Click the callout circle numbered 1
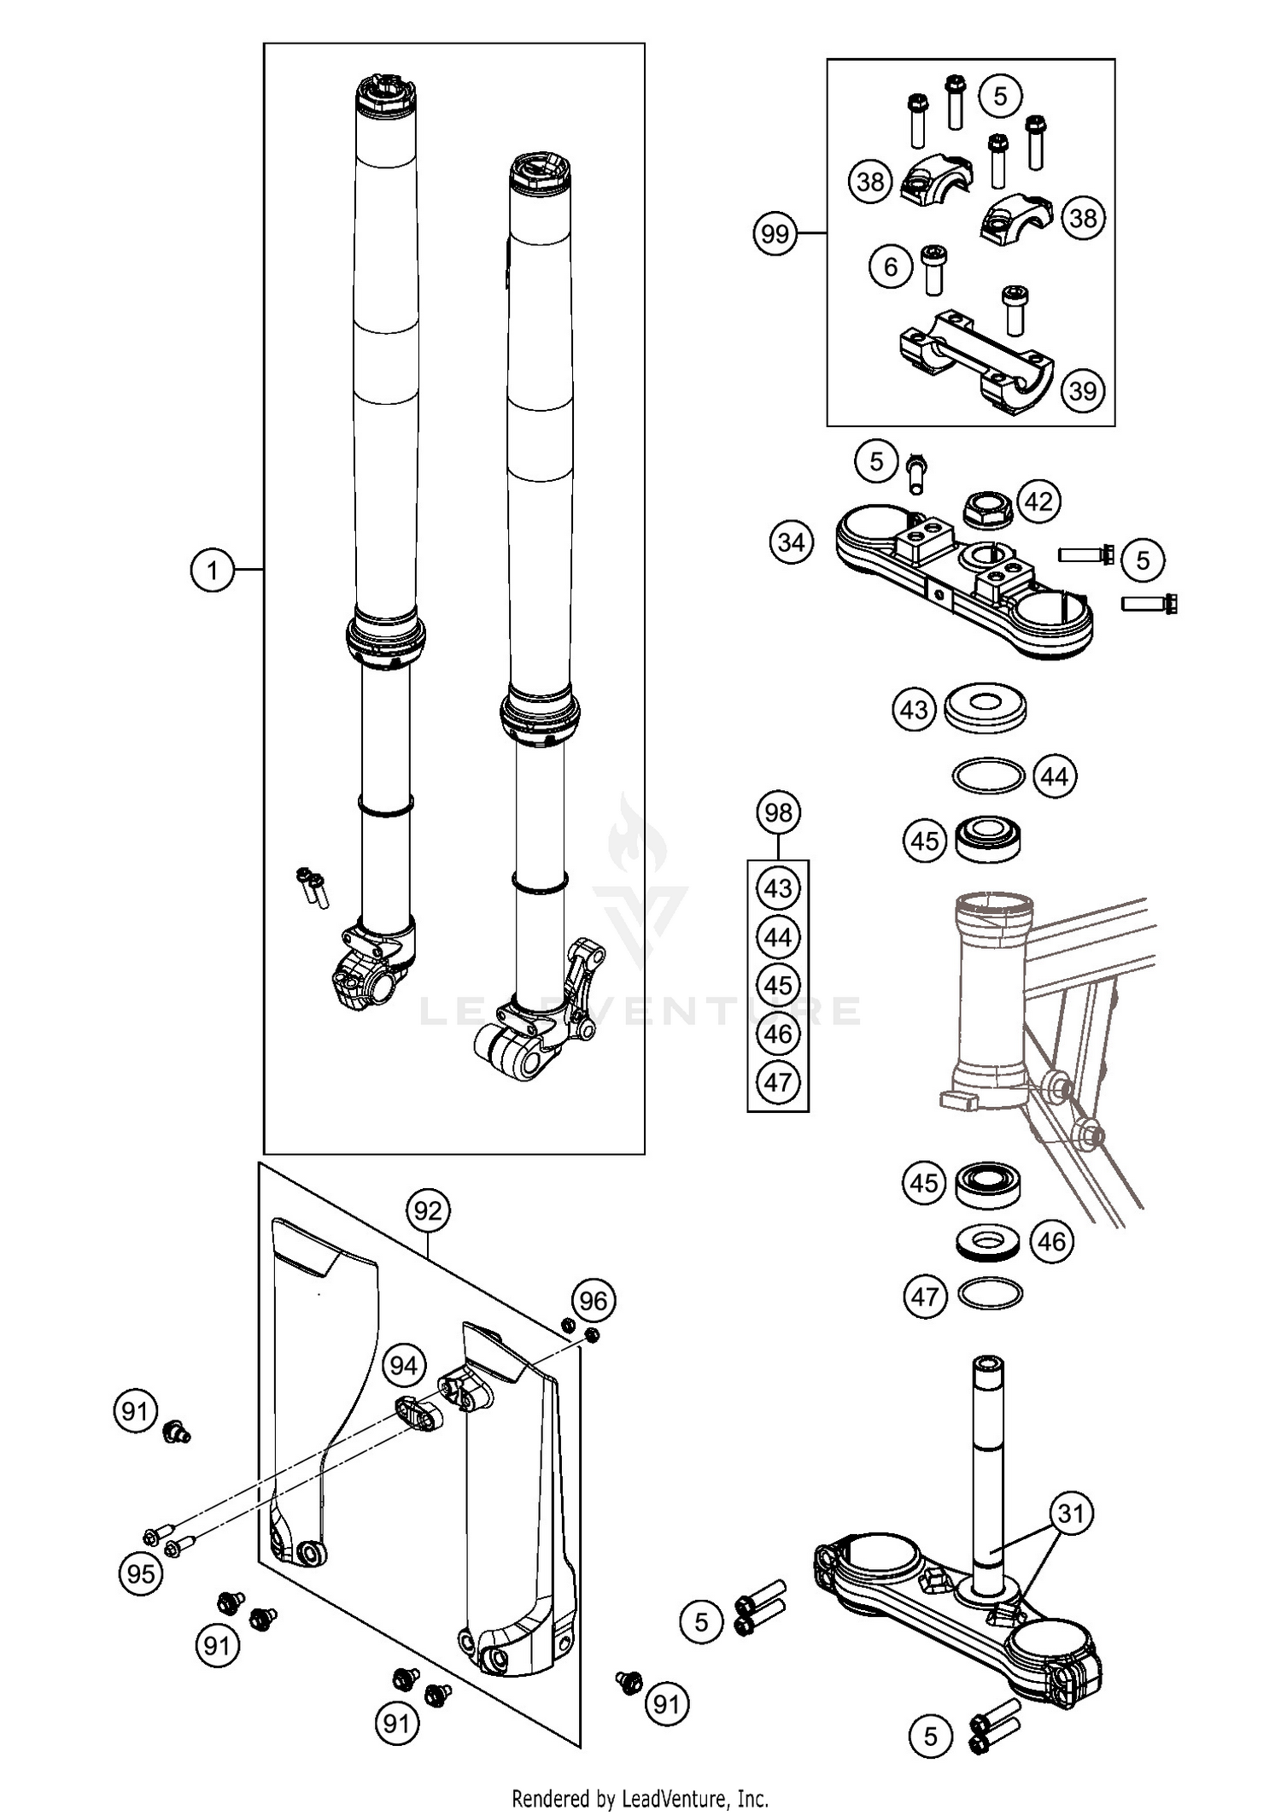pyautogui.click(x=212, y=569)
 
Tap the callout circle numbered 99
pyautogui.click(x=775, y=233)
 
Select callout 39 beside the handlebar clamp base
pyautogui.click(x=1083, y=390)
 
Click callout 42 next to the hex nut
pyautogui.click(x=1038, y=501)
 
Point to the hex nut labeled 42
pyautogui.click(x=987, y=511)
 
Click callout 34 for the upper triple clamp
pyautogui.click(x=791, y=542)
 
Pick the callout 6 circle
pyautogui.click(x=891, y=267)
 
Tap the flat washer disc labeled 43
pyautogui.click(x=986, y=706)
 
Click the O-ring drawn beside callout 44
pyautogui.click(x=988, y=776)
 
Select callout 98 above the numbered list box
pyautogui.click(x=778, y=812)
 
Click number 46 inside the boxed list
pyautogui.click(x=778, y=1034)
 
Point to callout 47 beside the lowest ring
pyautogui.click(x=925, y=1297)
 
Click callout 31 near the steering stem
pyautogui.click(x=1071, y=1514)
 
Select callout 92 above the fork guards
pyautogui.click(x=428, y=1210)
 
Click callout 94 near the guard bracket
pyautogui.click(x=403, y=1366)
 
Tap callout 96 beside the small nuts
pyautogui.click(x=593, y=1300)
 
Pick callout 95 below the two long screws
pyautogui.click(x=141, y=1573)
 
